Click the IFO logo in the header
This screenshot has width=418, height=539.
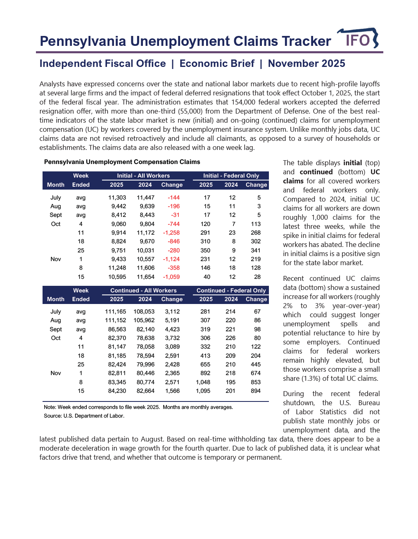click(358, 39)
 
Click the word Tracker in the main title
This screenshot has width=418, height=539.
click(306, 41)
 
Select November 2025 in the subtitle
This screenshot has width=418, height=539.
click(306, 64)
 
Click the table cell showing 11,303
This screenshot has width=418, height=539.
click(117, 197)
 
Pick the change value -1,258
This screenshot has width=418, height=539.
click(171, 233)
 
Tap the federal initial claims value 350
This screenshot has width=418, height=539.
click(205, 250)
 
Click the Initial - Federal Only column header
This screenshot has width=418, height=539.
click(231, 176)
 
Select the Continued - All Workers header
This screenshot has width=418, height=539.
click(143, 290)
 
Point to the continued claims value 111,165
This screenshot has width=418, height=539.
click(116, 311)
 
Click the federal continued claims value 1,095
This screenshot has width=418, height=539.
click(203, 391)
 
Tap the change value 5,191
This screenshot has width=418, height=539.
click(172, 320)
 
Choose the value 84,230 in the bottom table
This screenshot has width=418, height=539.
click(117, 391)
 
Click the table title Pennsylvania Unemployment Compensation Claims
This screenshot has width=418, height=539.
click(122, 162)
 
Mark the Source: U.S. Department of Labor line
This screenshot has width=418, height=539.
click(84, 416)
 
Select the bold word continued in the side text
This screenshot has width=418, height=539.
click(316, 172)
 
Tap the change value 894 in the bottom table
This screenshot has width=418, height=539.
click(256, 391)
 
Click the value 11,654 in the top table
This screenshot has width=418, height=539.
click(145, 277)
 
